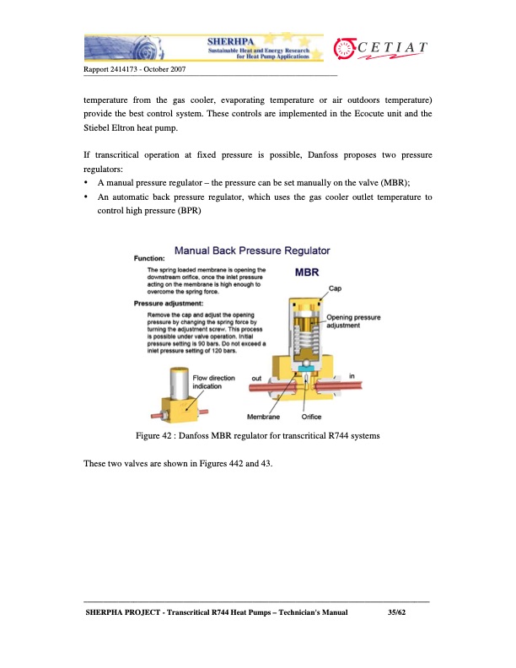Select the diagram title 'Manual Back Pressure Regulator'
click(251, 250)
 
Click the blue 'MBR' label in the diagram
click(306, 272)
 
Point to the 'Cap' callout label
click(335, 288)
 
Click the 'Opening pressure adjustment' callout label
click(352, 321)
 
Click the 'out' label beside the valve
click(256, 377)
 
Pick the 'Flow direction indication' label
click(213, 381)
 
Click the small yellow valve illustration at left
click(179, 396)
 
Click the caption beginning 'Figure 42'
click(258, 435)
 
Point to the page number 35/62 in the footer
click(385, 613)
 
